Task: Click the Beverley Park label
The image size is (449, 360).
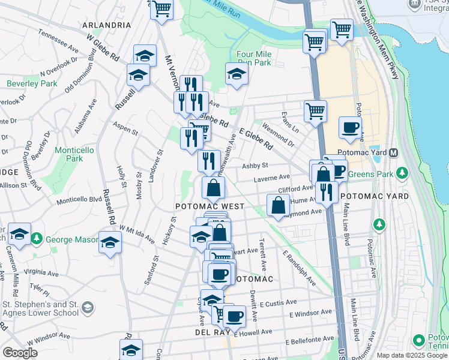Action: point(32,83)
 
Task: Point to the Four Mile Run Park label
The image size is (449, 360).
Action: point(254,58)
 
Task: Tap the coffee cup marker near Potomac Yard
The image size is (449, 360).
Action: point(350,127)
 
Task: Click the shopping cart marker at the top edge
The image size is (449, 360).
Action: point(161,10)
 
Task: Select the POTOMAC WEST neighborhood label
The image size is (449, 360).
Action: point(209,206)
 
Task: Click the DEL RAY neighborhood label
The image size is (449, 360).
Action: point(209,331)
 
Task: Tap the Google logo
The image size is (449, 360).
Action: point(20,353)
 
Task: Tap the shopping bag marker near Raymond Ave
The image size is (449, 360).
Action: point(277,206)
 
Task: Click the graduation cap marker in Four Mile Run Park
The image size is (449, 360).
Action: point(237,75)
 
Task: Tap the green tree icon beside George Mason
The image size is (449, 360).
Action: point(37,239)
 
